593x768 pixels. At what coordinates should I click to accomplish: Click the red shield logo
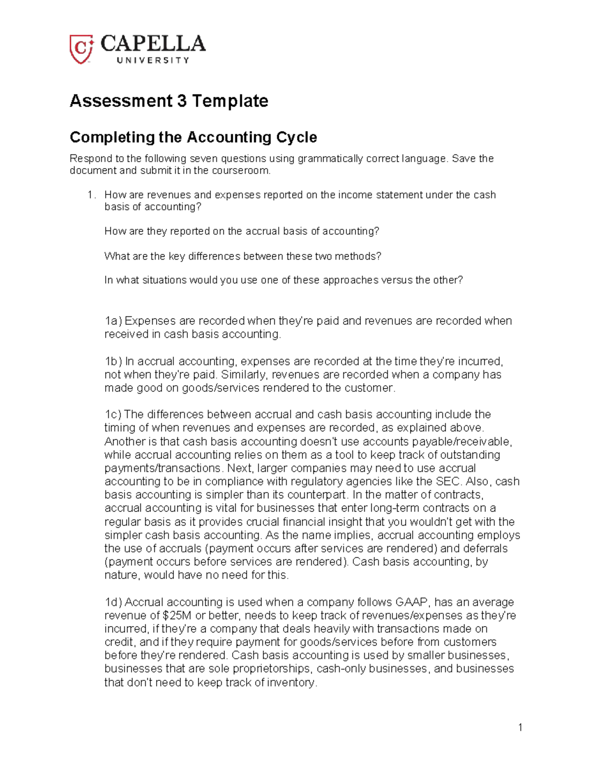coord(81,49)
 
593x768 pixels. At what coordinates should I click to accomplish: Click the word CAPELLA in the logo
coord(153,44)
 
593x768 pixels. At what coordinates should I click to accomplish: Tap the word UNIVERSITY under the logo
coord(153,60)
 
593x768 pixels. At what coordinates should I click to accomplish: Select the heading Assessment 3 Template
coord(169,101)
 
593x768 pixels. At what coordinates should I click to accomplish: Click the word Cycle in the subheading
coord(296,137)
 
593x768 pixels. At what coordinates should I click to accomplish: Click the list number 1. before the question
coord(90,195)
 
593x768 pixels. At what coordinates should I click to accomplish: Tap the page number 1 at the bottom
coord(520,727)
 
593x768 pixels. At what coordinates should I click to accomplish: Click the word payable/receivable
coord(462,442)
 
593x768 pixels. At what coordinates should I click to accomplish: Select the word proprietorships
coord(273,669)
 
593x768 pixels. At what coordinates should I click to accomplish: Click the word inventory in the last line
coord(291,683)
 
